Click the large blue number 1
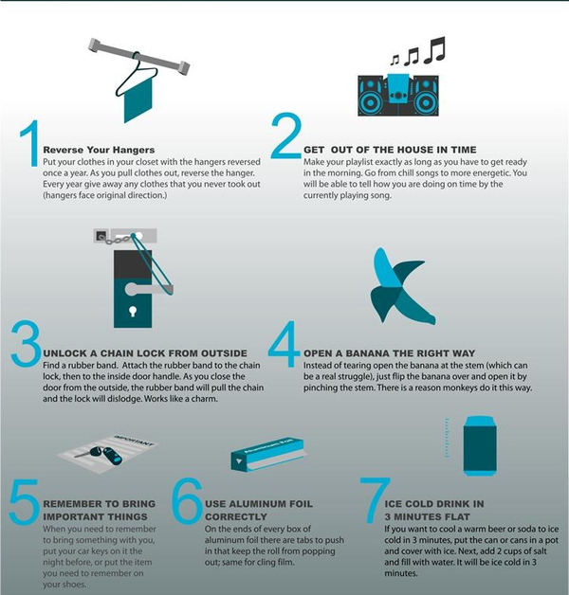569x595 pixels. (30, 143)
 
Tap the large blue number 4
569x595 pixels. (283, 344)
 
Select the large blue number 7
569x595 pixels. (375, 501)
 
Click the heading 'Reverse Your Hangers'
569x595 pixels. (99, 150)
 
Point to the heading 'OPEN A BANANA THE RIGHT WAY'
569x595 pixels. (390, 353)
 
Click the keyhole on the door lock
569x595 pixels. (133, 311)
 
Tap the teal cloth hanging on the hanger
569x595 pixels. (138, 100)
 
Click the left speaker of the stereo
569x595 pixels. (371, 96)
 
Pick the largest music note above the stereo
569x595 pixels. (435, 49)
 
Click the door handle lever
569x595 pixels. (148, 289)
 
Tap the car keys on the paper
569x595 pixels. (101, 455)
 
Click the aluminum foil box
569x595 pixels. (267, 454)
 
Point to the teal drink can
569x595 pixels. (480, 445)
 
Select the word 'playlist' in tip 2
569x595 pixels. (359, 162)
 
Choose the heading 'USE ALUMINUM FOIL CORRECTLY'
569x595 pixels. (259, 511)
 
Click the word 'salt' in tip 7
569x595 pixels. (539, 551)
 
